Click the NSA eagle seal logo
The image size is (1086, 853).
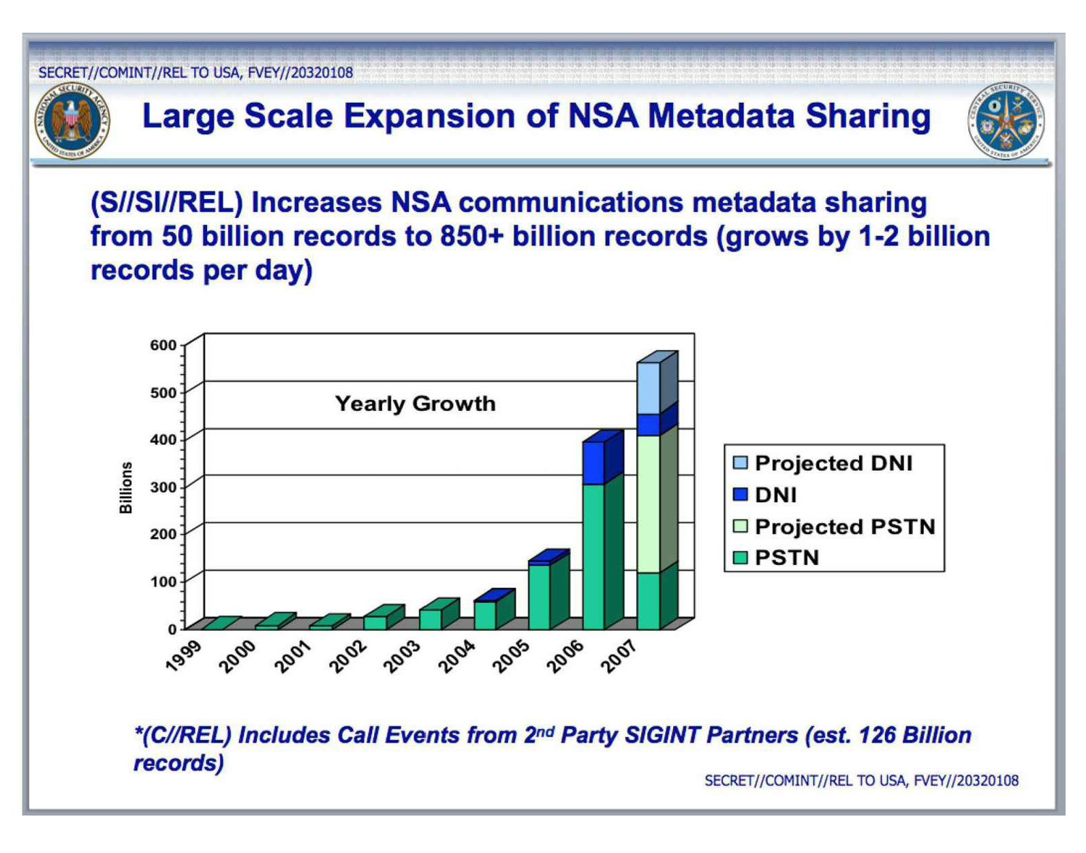pos(72,121)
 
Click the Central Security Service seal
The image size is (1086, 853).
pos(1006,121)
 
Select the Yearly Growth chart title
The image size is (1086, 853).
pos(416,404)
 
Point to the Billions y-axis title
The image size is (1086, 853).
pos(126,488)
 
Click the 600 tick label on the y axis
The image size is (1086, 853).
pos(163,345)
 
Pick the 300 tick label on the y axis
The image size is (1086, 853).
pos(163,486)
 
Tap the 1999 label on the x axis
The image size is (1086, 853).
pos(184,655)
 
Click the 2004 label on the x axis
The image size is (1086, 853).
pos(456,655)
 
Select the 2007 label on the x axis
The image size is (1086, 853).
pos(619,655)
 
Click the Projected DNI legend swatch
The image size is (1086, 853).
pos(740,463)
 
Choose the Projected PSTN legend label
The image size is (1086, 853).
pos(845,527)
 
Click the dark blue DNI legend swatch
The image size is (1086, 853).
pos(740,494)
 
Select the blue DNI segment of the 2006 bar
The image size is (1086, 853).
pos(593,463)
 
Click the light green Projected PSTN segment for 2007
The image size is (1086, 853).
pos(648,504)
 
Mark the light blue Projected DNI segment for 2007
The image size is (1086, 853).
pos(648,388)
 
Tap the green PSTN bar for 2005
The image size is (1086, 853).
pos(539,597)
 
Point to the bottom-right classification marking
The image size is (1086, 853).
pos(861,781)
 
